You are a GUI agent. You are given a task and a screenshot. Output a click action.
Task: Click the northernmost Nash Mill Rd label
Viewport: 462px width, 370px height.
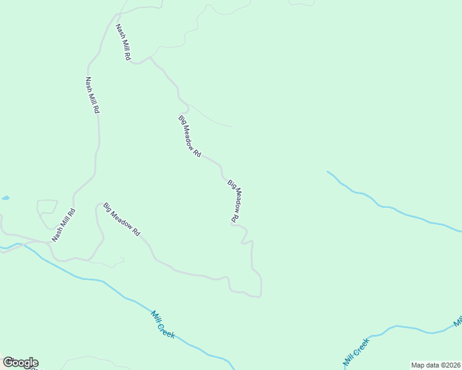[124, 42]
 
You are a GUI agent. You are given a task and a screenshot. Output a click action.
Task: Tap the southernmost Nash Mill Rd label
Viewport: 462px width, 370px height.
[64, 225]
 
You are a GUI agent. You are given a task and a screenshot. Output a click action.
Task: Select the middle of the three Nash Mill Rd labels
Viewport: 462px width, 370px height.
[93, 95]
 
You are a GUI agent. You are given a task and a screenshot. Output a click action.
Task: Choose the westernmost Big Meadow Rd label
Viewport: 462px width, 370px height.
[122, 220]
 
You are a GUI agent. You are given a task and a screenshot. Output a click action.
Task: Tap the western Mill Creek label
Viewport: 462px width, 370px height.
[163, 324]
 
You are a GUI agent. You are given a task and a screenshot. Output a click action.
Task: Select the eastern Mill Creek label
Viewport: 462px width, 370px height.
[356, 351]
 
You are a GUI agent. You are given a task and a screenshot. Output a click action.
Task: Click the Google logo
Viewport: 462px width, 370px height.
[20, 363]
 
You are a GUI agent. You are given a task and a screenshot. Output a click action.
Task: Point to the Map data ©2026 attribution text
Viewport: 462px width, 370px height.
[435, 364]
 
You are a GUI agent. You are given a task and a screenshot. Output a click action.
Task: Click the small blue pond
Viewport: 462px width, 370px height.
[6, 198]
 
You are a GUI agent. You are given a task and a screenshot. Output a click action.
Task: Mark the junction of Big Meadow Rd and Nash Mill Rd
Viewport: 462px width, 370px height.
[149, 58]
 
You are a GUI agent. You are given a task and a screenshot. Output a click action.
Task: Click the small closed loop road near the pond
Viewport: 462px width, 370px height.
[47, 211]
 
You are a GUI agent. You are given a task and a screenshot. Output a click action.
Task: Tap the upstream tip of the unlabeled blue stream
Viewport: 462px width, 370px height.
[327, 171]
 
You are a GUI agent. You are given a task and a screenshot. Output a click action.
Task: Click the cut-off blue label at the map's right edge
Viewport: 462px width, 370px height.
[458, 321]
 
